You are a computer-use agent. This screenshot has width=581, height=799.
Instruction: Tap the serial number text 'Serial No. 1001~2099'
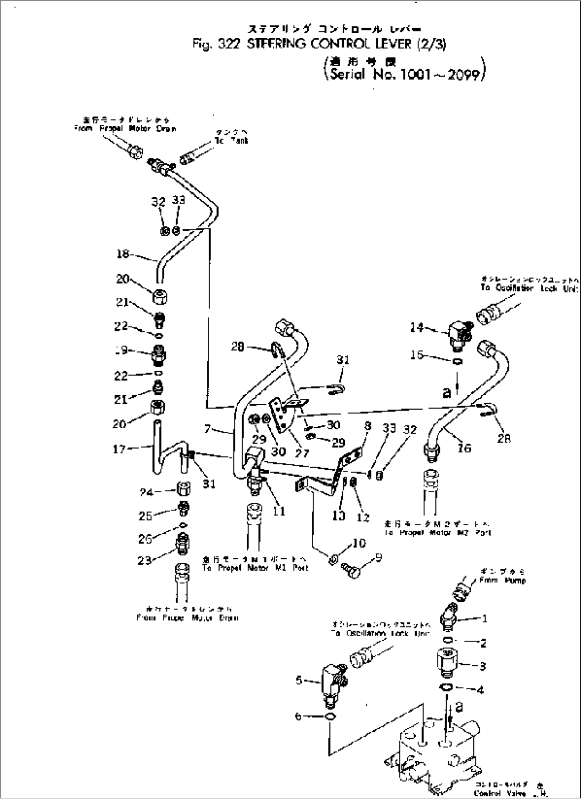[x=404, y=74]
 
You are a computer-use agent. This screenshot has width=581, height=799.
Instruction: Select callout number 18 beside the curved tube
[x=123, y=254]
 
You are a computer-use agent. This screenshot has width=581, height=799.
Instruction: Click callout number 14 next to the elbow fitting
[x=416, y=327]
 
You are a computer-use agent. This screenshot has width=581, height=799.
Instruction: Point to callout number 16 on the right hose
[x=464, y=448]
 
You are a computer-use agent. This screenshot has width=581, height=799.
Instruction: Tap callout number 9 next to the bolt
[x=378, y=558]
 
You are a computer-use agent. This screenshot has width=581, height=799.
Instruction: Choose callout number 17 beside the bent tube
[x=119, y=449]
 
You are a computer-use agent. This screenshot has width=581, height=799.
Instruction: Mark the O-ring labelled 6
[x=330, y=717]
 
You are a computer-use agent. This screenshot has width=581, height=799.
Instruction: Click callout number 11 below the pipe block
[x=279, y=511]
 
